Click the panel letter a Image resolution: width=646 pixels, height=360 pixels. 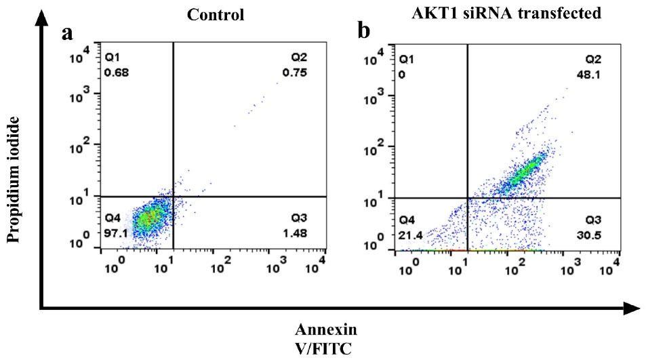(67, 34)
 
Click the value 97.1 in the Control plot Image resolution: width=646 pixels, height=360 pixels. (117, 232)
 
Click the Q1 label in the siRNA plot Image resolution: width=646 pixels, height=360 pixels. (407, 60)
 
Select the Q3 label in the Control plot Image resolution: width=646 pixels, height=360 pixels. (299, 218)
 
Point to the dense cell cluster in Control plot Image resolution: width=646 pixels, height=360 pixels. (149, 218)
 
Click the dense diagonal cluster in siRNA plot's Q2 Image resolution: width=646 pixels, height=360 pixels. (526, 172)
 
